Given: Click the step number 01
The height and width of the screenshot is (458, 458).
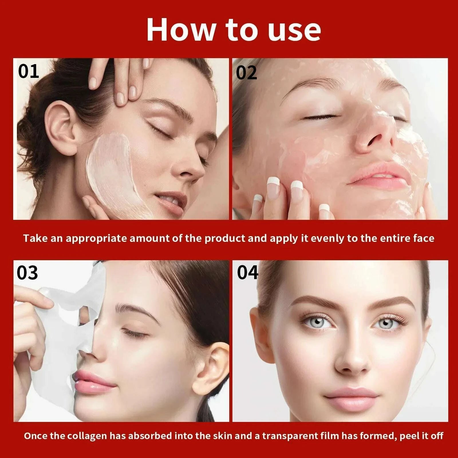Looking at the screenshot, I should [28, 71].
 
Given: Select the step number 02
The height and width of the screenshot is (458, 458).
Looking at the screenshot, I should [246, 73].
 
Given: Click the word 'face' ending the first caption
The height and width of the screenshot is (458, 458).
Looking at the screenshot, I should [424, 238].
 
